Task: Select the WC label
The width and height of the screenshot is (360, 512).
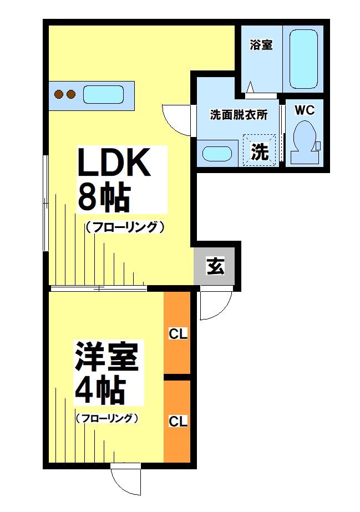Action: pos(305,110)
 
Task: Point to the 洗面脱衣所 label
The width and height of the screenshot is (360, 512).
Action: pos(239,115)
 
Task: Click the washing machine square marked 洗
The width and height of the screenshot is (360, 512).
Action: pos(260,151)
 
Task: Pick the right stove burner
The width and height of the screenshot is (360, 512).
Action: pos(71,94)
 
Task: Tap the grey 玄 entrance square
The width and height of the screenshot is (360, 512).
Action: pos(216,267)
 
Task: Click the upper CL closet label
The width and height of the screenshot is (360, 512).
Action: pos(178,334)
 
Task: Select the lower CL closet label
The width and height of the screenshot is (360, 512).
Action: pos(178,421)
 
